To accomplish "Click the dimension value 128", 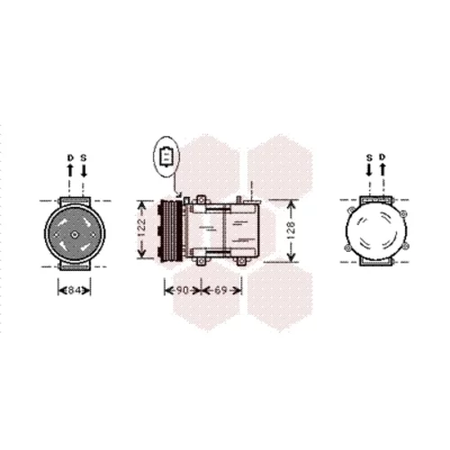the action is (291, 230).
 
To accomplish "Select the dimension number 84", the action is (74, 291).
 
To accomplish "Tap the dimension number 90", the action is (182, 291).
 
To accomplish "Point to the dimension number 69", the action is (220, 291).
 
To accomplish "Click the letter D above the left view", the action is (70, 157).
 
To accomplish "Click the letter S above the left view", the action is (84, 157).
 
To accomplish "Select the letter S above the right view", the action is (369, 157).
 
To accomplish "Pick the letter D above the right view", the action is (382, 157).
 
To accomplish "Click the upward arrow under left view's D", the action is (70, 170).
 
